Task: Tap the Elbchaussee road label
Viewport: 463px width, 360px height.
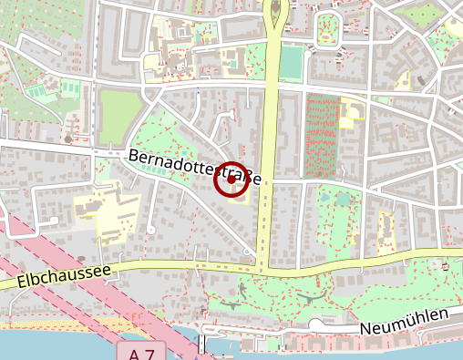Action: tap(63, 277)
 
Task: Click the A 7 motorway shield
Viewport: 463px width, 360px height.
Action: tap(142, 352)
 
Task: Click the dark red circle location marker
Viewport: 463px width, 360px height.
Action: tap(231, 180)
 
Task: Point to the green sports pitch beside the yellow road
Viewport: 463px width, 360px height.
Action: tap(291, 62)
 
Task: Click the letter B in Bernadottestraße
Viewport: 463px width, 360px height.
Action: tap(134, 156)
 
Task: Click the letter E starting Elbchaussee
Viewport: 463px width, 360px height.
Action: tap(22, 284)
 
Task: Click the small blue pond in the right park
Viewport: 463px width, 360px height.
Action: tap(325, 197)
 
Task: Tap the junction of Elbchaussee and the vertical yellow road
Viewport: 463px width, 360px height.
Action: tap(262, 266)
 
